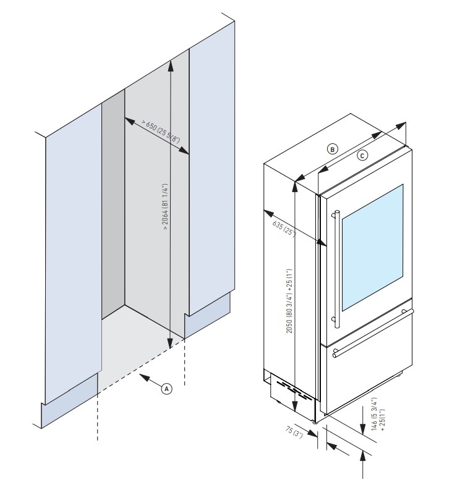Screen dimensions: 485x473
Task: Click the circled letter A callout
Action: pos(166,388)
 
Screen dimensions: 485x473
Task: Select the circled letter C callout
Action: pos(363,155)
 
